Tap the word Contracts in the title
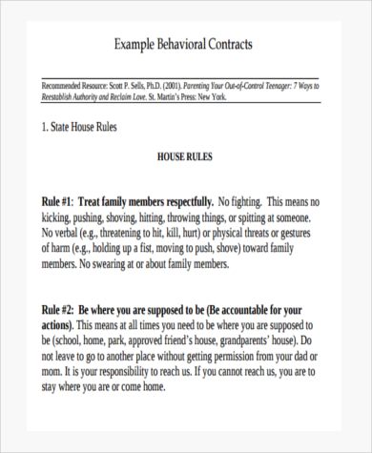(x=232, y=45)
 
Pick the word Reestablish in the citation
(x=64, y=97)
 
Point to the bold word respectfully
(x=181, y=201)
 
